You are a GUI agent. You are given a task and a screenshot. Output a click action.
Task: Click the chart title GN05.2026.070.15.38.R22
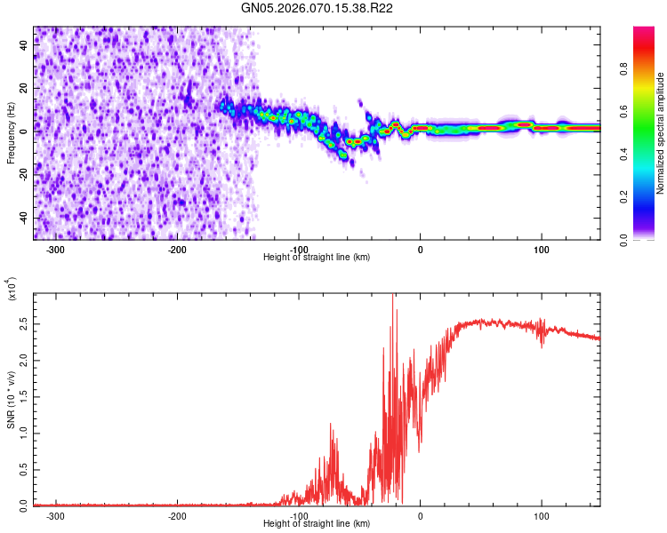click(318, 9)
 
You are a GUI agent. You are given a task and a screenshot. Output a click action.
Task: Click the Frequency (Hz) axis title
click(11, 133)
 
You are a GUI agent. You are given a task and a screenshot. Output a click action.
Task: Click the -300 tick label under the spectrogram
click(56, 249)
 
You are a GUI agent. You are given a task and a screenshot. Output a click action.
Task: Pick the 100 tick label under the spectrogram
click(541, 249)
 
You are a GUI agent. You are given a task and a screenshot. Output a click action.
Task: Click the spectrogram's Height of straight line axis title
click(317, 258)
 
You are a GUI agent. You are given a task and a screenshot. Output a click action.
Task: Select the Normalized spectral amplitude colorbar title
click(660, 133)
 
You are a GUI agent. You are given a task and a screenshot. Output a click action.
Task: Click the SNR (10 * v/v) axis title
click(11, 400)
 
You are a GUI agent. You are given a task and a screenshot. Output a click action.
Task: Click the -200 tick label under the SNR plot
click(178, 515)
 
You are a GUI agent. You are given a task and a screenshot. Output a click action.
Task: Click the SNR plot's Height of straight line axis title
click(317, 524)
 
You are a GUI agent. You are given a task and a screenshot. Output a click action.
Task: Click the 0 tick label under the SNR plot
click(420, 515)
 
